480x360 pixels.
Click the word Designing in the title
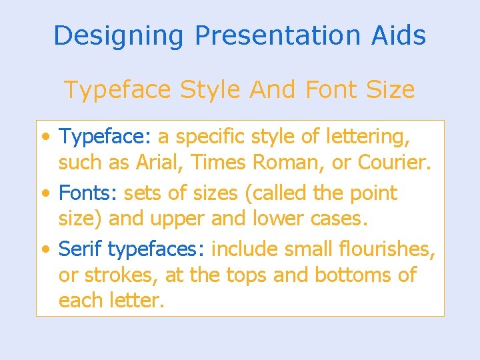tap(118, 35)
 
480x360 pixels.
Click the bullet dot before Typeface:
tap(45, 138)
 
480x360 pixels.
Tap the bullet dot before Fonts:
tap(45, 194)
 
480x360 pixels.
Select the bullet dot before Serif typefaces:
tap(45, 250)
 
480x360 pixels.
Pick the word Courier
tap(393, 163)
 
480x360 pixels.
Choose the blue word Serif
tap(81, 249)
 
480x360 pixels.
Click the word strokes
tap(120, 275)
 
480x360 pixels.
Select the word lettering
tap(369, 137)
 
